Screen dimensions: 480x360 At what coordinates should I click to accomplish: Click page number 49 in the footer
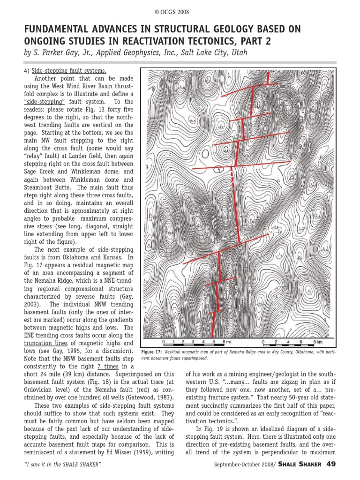click(x=331, y=464)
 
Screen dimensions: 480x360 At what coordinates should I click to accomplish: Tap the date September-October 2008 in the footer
click(x=242, y=465)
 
